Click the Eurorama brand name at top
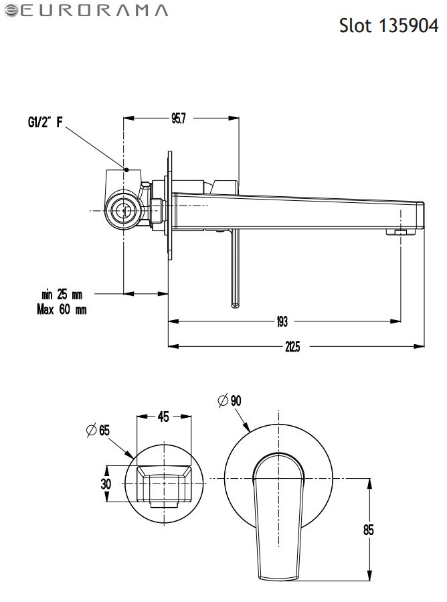pos(86,10)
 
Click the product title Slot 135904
pos(389,26)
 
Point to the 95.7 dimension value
pos(178,119)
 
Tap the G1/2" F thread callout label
pos(46,122)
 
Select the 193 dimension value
pos(282,322)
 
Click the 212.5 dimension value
pos(292,346)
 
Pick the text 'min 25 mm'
pos(62,294)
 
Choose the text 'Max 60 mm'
pos(62,309)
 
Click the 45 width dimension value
pos(163,417)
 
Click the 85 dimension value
pos(367,530)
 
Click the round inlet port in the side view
pos(124,210)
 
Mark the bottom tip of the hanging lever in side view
pos(236,306)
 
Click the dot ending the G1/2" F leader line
pos(125,169)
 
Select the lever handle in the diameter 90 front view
pos(277,516)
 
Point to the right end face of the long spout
pos(421,214)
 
